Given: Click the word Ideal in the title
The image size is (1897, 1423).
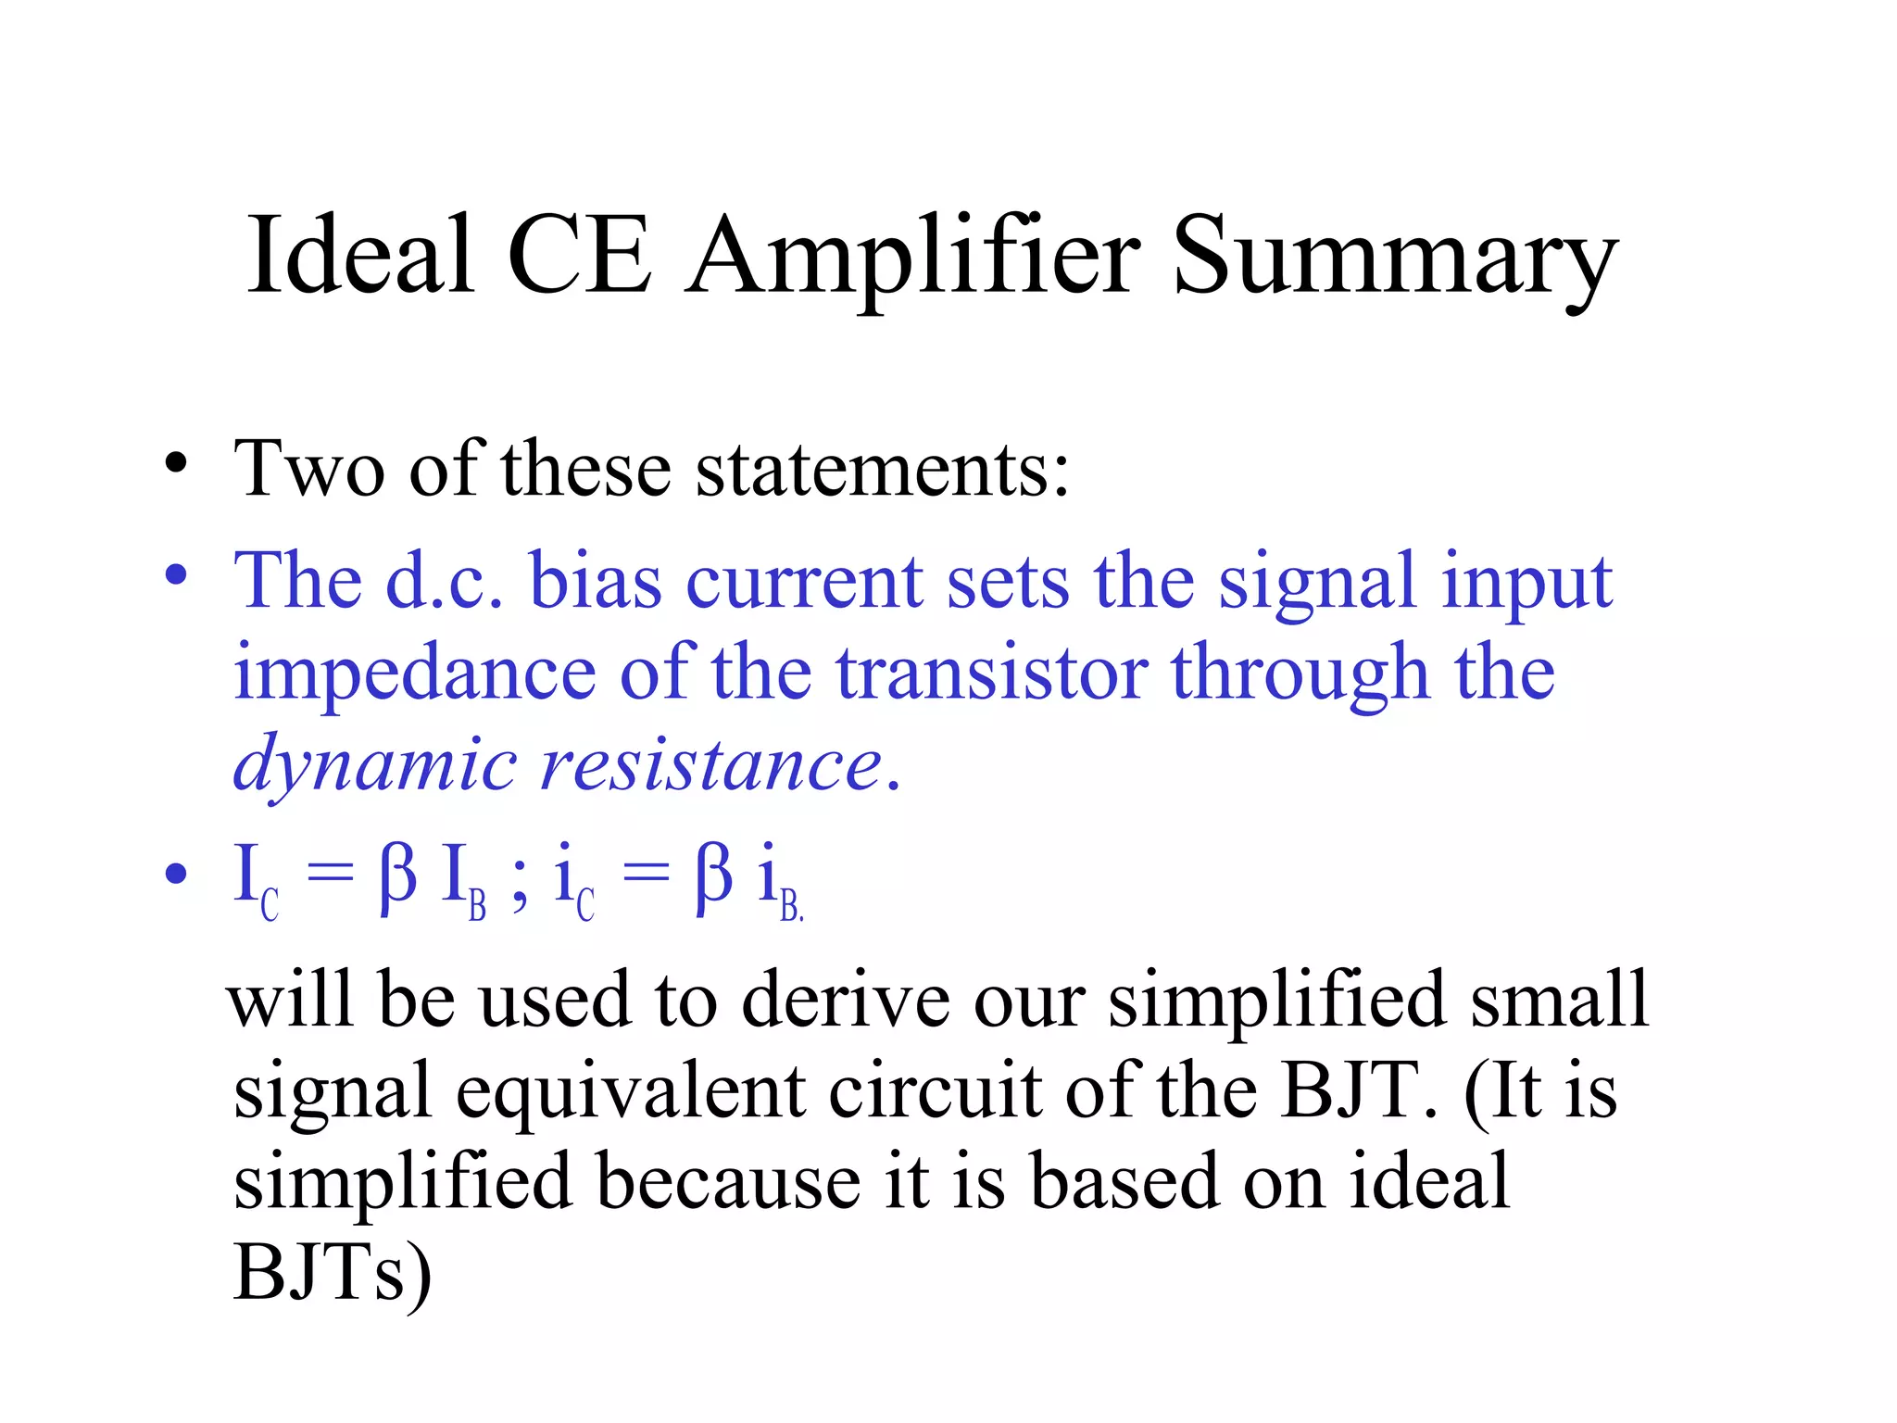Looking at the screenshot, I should point(360,255).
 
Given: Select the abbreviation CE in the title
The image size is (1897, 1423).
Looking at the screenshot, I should point(579,255).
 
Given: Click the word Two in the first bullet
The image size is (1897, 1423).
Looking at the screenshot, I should point(309,469).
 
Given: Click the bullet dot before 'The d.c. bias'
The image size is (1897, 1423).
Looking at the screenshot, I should point(176,575).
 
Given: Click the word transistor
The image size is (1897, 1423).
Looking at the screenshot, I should point(991,672).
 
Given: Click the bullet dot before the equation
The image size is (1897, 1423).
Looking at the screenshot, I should point(176,874).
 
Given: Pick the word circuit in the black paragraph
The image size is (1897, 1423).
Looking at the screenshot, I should point(935,1090).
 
